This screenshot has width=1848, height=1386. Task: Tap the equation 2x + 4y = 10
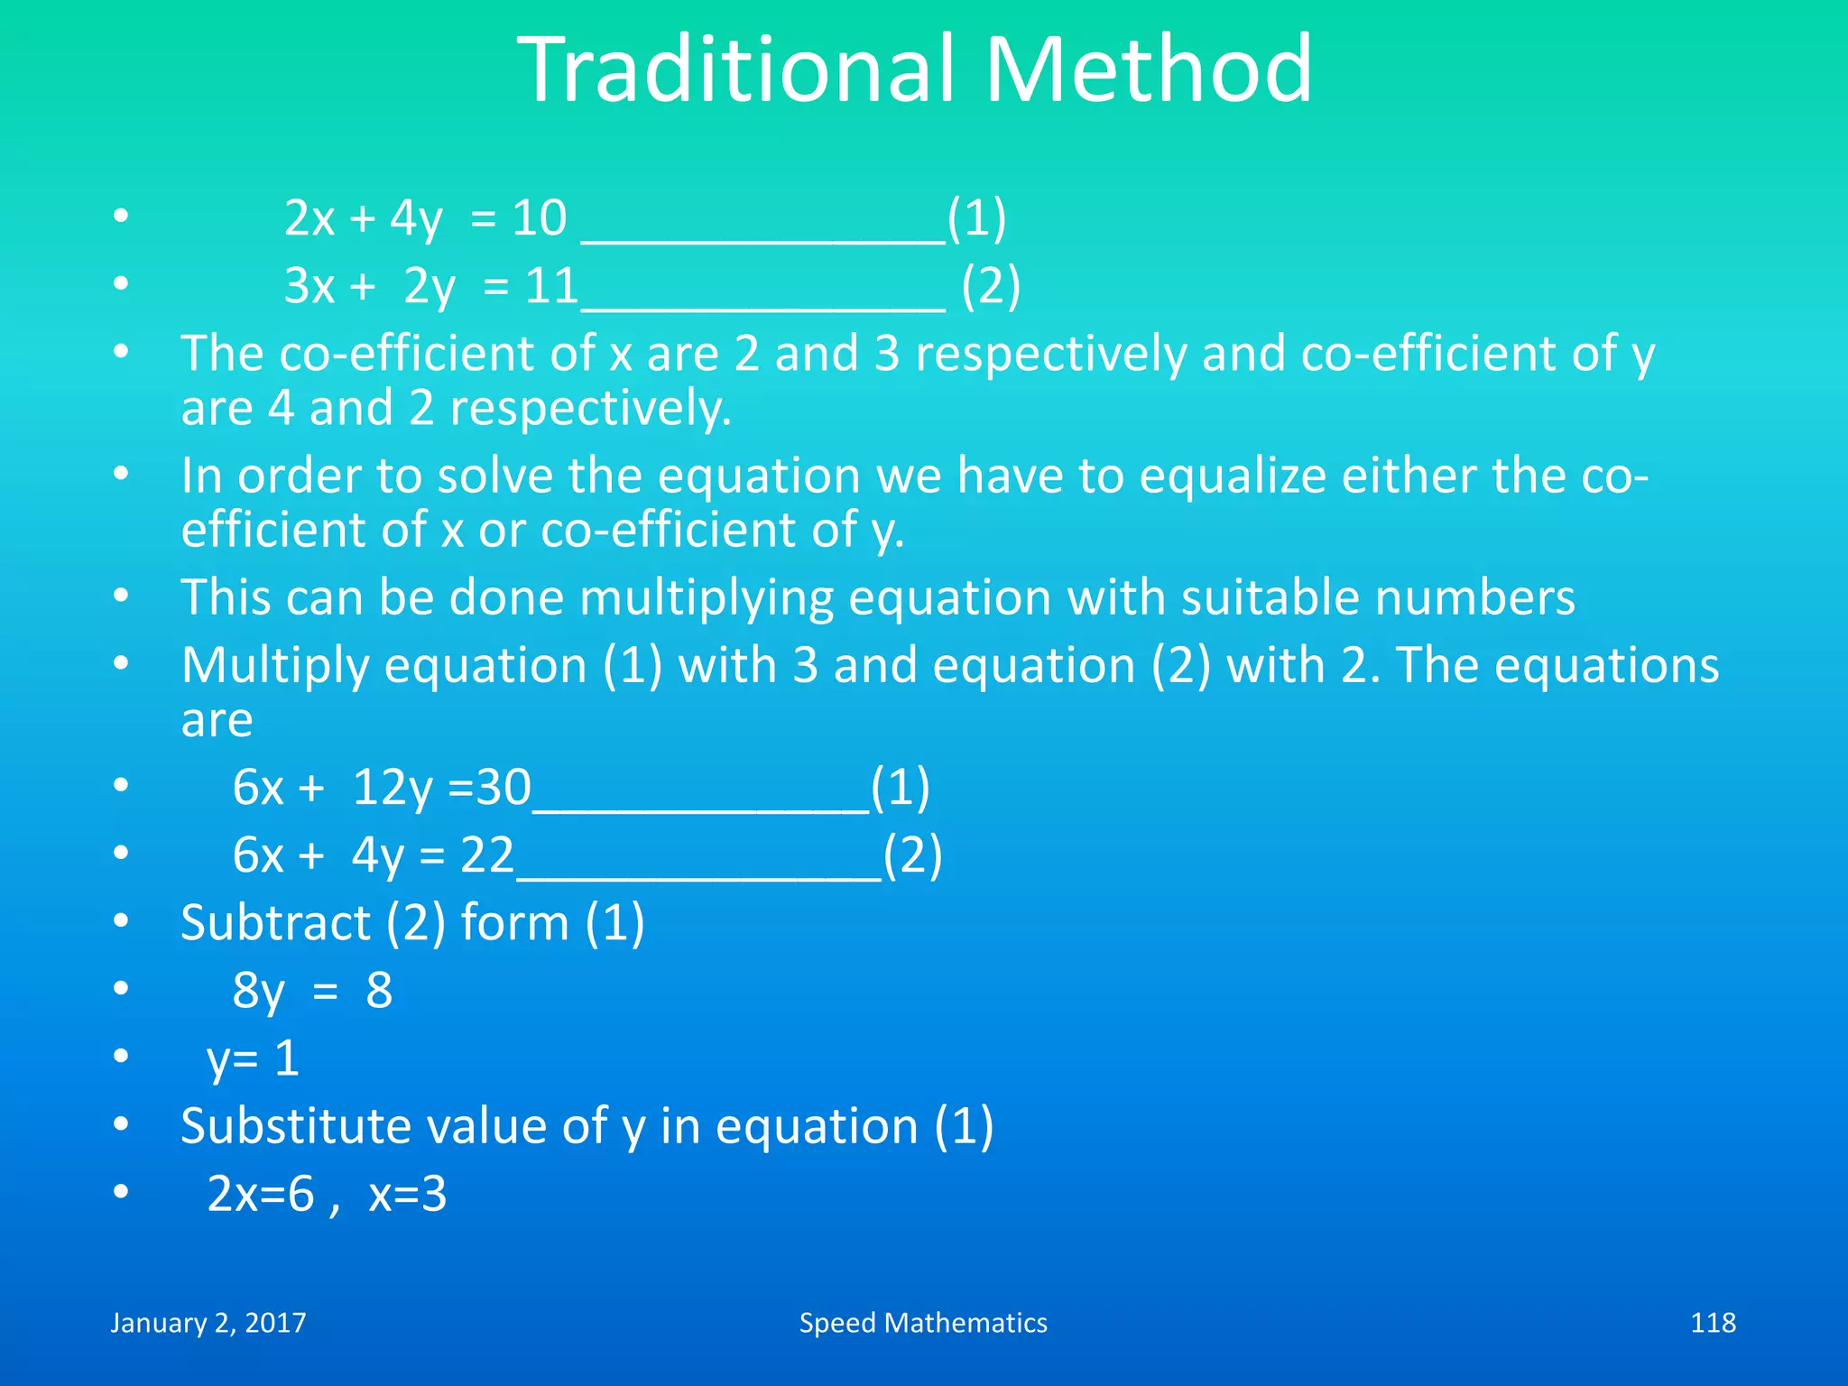click(425, 219)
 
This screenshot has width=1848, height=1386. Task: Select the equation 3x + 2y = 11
click(430, 287)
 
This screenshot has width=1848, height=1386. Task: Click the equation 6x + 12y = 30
click(382, 788)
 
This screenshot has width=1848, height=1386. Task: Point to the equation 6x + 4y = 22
click(373, 855)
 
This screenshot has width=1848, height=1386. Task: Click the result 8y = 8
click(312, 991)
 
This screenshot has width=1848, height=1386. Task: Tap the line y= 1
click(253, 1058)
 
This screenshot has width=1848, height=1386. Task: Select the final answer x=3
click(407, 1195)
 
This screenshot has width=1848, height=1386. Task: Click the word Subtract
click(275, 923)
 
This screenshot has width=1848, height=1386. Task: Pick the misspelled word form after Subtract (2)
click(514, 923)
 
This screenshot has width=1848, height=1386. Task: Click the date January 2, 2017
click(208, 1323)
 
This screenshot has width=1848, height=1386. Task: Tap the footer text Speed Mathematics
click(923, 1323)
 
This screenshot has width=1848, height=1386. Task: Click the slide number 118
click(1712, 1323)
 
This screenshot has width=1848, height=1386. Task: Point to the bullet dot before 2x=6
click(121, 1193)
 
